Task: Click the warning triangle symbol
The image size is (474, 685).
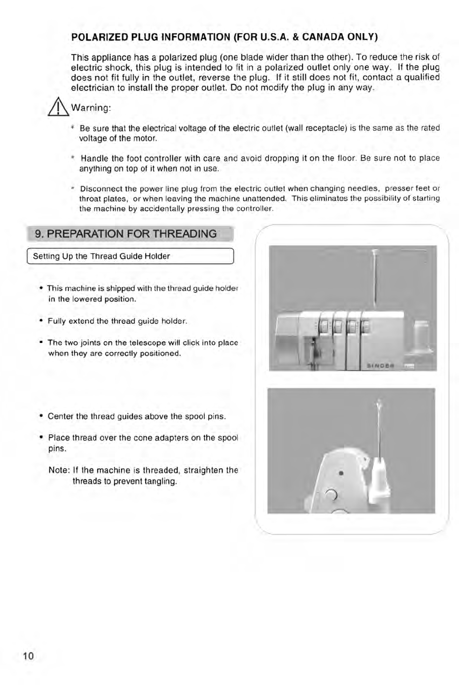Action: [60, 108]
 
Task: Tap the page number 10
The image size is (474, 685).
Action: [28, 656]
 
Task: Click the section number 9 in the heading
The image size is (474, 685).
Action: [39, 234]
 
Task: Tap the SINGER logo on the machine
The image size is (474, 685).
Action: [380, 365]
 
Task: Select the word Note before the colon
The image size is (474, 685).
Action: [58, 470]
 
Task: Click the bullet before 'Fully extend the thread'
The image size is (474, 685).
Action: [41, 321]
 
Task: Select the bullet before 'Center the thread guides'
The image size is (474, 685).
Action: [41, 416]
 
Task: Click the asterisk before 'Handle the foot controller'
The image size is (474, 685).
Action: [73, 158]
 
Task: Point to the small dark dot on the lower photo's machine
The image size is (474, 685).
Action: [341, 473]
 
